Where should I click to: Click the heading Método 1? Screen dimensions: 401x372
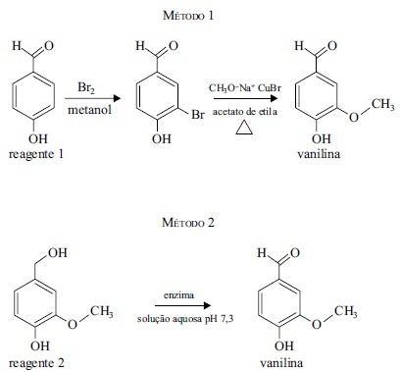tap(188, 16)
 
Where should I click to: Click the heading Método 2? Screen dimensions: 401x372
tap(188, 223)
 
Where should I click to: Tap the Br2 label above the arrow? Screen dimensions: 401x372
tap(86, 88)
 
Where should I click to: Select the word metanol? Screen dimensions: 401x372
tap(90, 110)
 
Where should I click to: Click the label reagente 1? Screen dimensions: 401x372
tap(36, 154)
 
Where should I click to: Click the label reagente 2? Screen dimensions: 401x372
tap(36, 363)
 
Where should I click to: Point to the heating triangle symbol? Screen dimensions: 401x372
tap(244, 128)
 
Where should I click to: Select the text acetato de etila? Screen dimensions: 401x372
tap(245, 112)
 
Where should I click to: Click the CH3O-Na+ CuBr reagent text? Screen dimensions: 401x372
tap(245, 88)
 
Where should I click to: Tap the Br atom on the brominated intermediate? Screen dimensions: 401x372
tap(198, 115)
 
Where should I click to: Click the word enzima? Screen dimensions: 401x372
tap(178, 295)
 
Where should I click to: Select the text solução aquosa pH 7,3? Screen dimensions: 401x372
tap(185, 319)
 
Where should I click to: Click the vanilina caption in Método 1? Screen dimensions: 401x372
tap(319, 154)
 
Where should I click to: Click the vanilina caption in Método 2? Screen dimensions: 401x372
tap(281, 363)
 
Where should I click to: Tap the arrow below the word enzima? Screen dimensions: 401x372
tap(183, 305)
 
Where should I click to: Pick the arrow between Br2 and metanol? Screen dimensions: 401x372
tap(93, 98)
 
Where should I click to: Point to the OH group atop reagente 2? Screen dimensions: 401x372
tap(58, 252)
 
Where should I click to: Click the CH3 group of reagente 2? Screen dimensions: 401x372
tap(102, 311)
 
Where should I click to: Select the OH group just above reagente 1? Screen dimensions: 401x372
tap(38, 139)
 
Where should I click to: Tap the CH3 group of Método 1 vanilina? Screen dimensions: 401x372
tap(383, 105)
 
